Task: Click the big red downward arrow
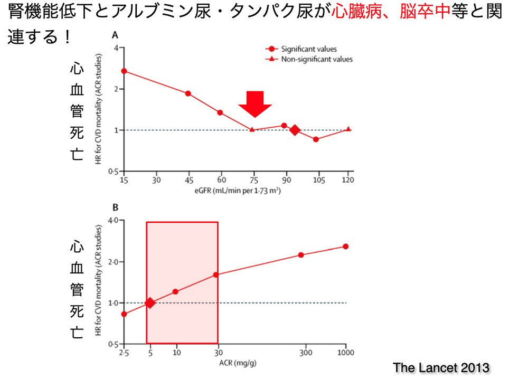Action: point(254,103)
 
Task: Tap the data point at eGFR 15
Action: point(124,71)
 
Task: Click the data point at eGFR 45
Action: point(188,93)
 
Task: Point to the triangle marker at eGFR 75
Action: point(252,129)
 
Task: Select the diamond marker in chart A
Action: point(295,130)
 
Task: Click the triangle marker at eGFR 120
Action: point(348,129)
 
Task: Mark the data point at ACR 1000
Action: point(346,247)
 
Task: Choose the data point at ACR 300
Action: point(301,255)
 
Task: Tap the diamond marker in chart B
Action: point(150,302)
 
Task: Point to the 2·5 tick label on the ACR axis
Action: point(124,353)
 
